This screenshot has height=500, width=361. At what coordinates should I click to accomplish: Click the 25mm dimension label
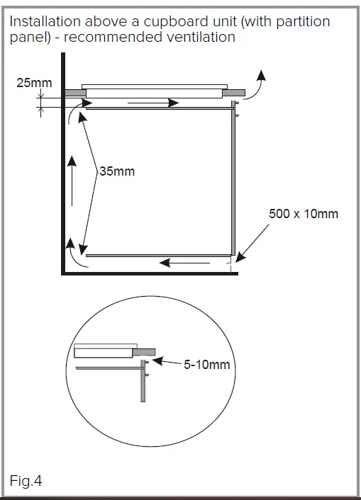tap(34, 83)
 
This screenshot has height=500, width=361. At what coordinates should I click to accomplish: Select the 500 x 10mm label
tap(303, 212)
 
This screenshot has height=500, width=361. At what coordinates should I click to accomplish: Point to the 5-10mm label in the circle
tap(206, 365)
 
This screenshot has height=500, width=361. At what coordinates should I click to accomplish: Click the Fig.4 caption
tap(26, 482)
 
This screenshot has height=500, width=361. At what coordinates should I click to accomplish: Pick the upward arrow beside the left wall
tap(72, 180)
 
